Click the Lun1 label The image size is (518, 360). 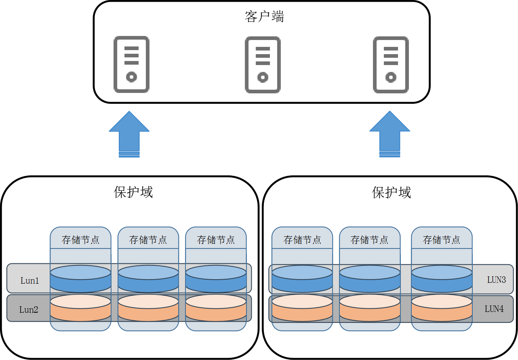[29, 280]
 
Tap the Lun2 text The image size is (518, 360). [29, 310]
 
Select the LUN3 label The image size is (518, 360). [496, 280]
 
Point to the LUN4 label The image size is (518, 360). [494, 309]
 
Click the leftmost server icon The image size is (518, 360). [131, 65]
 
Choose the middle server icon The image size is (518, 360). [263, 65]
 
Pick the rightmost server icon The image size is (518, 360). [391, 65]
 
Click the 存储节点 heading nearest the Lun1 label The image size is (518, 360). [80, 240]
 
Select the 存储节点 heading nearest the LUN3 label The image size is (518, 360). [441, 240]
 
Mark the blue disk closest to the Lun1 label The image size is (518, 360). [80, 279]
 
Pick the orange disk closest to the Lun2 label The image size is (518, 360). [80, 308]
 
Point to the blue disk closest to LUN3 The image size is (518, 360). [441, 279]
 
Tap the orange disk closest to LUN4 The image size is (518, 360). [441, 308]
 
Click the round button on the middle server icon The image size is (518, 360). [263, 77]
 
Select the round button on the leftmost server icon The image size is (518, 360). [131, 77]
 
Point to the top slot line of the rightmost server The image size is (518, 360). [391, 48]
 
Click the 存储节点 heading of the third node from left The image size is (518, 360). [216, 240]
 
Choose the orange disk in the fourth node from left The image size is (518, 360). [302, 308]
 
